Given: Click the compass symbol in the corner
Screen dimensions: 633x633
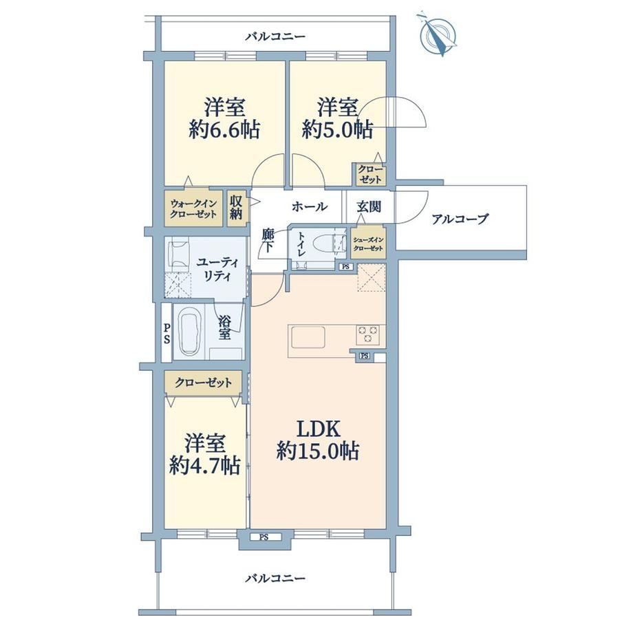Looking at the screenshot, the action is tap(438, 33).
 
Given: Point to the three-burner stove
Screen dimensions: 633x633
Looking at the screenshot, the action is tap(368, 334).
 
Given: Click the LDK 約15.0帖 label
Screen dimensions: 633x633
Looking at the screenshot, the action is tap(318, 440).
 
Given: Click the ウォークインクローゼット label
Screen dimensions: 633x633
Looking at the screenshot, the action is tap(193, 208).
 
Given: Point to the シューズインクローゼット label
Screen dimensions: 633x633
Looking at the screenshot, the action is tap(368, 244).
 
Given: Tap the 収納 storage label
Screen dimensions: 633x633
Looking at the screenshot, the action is tap(236, 208).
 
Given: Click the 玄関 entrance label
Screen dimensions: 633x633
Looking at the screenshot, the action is tap(369, 206).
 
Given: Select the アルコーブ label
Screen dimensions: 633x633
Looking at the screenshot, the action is tap(460, 219).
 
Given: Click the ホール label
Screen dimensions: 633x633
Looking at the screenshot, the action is tap(310, 206).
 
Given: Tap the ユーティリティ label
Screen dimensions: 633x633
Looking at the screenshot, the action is tap(217, 269).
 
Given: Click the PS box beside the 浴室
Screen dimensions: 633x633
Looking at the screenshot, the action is tap(167, 332).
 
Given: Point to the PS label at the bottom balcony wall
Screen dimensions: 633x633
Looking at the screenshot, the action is tap(264, 537).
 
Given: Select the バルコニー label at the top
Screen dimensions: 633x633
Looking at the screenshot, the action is tap(276, 36).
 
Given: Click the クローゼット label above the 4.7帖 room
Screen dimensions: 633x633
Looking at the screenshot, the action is tap(204, 382).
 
